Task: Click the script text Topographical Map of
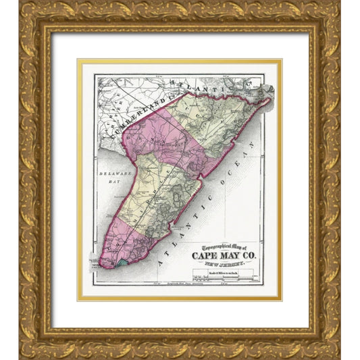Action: click(x=218, y=246)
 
